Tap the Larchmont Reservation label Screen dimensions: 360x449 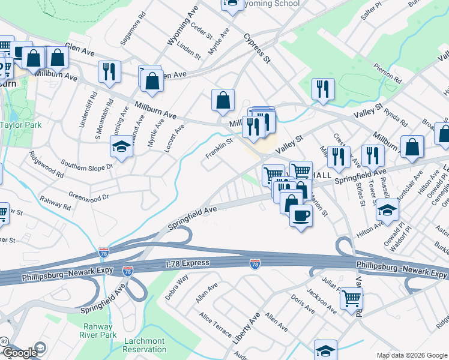[145, 345]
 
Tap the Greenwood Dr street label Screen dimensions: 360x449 [88, 196]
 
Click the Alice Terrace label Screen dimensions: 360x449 [215, 323]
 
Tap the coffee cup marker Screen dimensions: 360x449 [301, 215]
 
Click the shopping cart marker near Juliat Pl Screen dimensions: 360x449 [351, 298]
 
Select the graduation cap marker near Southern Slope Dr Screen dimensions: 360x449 [121, 146]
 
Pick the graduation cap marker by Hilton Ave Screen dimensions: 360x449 [387, 211]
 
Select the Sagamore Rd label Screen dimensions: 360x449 [133, 29]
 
